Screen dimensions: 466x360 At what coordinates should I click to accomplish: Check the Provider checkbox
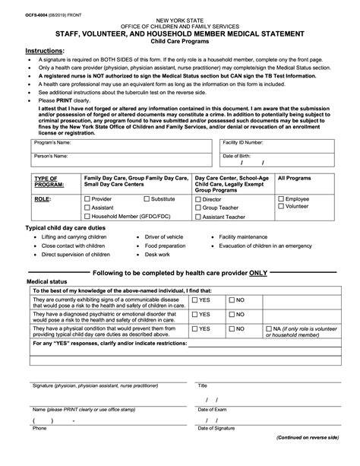click(x=87, y=199)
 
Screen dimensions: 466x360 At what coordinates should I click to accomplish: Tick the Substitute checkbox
click(x=146, y=199)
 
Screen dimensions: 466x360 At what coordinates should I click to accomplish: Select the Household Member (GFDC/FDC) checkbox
click(x=87, y=216)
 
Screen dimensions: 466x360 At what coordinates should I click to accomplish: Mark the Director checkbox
click(x=198, y=199)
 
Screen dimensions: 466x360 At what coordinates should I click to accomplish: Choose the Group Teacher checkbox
click(x=198, y=208)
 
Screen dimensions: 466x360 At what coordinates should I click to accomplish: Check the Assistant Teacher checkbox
click(x=198, y=216)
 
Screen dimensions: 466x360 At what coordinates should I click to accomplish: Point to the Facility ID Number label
click(x=243, y=142)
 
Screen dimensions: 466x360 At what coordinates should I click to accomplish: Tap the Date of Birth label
click(x=236, y=155)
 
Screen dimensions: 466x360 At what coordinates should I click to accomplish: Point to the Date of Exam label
click(x=213, y=409)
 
